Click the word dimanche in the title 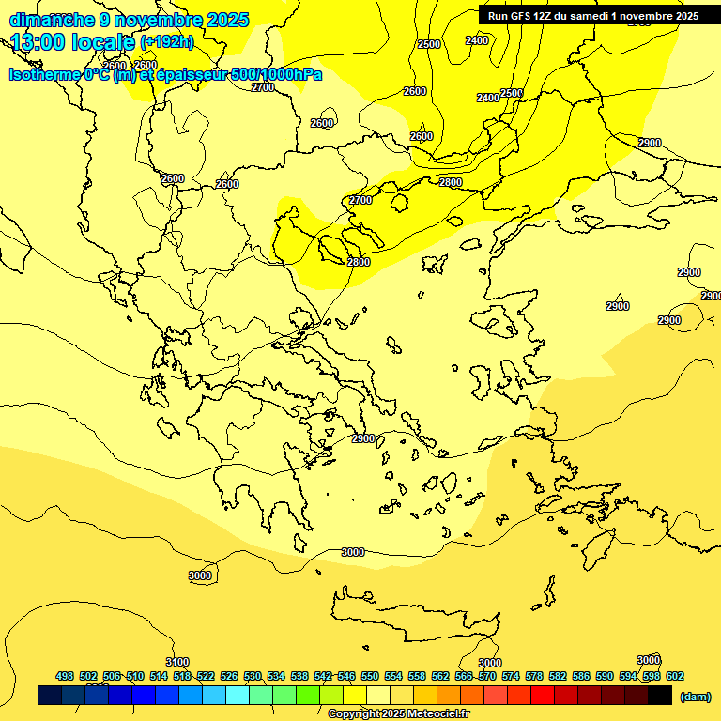click(52, 20)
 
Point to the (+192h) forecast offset click(167, 42)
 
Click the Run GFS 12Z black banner click(592, 16)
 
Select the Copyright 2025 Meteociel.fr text click(398, 714)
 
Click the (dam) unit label click(696, 696)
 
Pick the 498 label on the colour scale click(65, 676)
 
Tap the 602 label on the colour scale click(675, 676)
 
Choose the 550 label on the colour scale click(370, 676)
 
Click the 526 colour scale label click(229, 676)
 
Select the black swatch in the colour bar click(660, 695)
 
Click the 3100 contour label click(176, 662)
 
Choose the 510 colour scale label click(135, 676)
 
